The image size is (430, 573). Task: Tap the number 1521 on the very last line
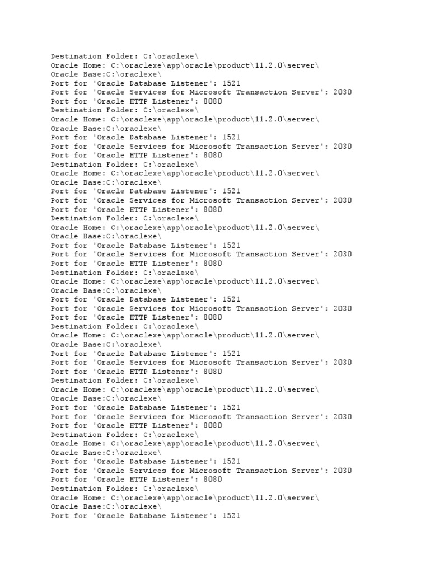point(231,515)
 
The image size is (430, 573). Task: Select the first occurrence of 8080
point(213,101)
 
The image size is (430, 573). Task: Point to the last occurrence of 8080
point(213,480)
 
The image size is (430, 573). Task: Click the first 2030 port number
point(342,92)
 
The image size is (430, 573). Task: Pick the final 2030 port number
point(342,471)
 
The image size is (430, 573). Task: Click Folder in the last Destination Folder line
point(120,489)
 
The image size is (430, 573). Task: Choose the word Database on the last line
point(148,515)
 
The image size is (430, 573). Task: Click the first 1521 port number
point(231,83)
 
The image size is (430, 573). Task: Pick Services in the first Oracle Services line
point(148,92)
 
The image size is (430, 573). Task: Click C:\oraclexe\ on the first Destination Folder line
point(171,57)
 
